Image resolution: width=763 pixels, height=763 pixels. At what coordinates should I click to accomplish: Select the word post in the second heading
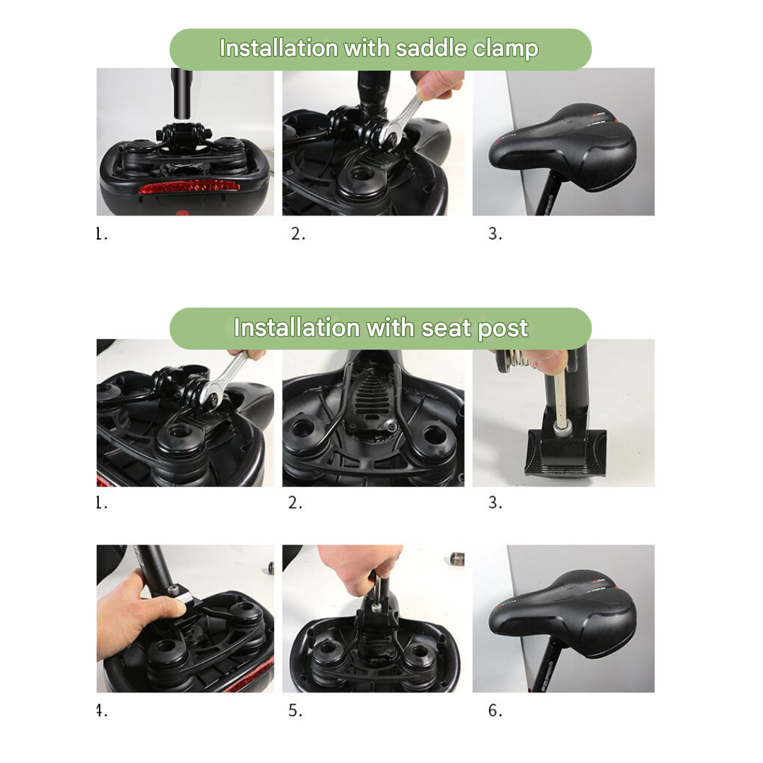click(502, 329)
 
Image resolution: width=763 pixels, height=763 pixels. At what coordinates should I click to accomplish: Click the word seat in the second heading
click(444, 329)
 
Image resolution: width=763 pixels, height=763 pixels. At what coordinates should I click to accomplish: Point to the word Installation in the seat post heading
click(297, 329)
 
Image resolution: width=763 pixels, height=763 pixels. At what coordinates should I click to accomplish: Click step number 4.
click(102, 711)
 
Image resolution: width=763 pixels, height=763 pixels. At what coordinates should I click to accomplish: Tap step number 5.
click(295, 711)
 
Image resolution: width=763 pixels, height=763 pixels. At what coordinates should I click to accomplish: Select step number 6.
click(495, 711)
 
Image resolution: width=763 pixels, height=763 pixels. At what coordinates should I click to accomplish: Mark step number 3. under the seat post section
click(495, 502)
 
